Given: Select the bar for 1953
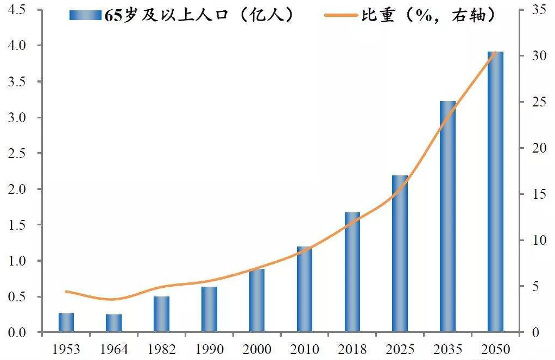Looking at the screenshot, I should pyautogui.click(x=66, y=323).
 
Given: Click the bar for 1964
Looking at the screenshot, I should pyautogui.click(x=114, y=323).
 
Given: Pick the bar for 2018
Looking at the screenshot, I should pyautogui.click(x=352, y=272).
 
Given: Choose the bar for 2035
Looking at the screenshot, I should pyautogui.click(x=448, y=217).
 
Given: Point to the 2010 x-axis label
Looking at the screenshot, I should pyautogui.click(x=305, y=349).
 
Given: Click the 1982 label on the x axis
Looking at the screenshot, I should pyautogui.click(x=162, y=349).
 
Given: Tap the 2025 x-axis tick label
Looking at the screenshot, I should pyautogui.click(x=400, y=349).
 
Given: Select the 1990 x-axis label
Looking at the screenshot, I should pyautogui.click(x=210, y=349).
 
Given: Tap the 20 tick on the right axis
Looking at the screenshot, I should pyautogui.click(x=535, y=148).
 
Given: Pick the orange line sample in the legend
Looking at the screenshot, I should pyautogui.click(x=343, y=16).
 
